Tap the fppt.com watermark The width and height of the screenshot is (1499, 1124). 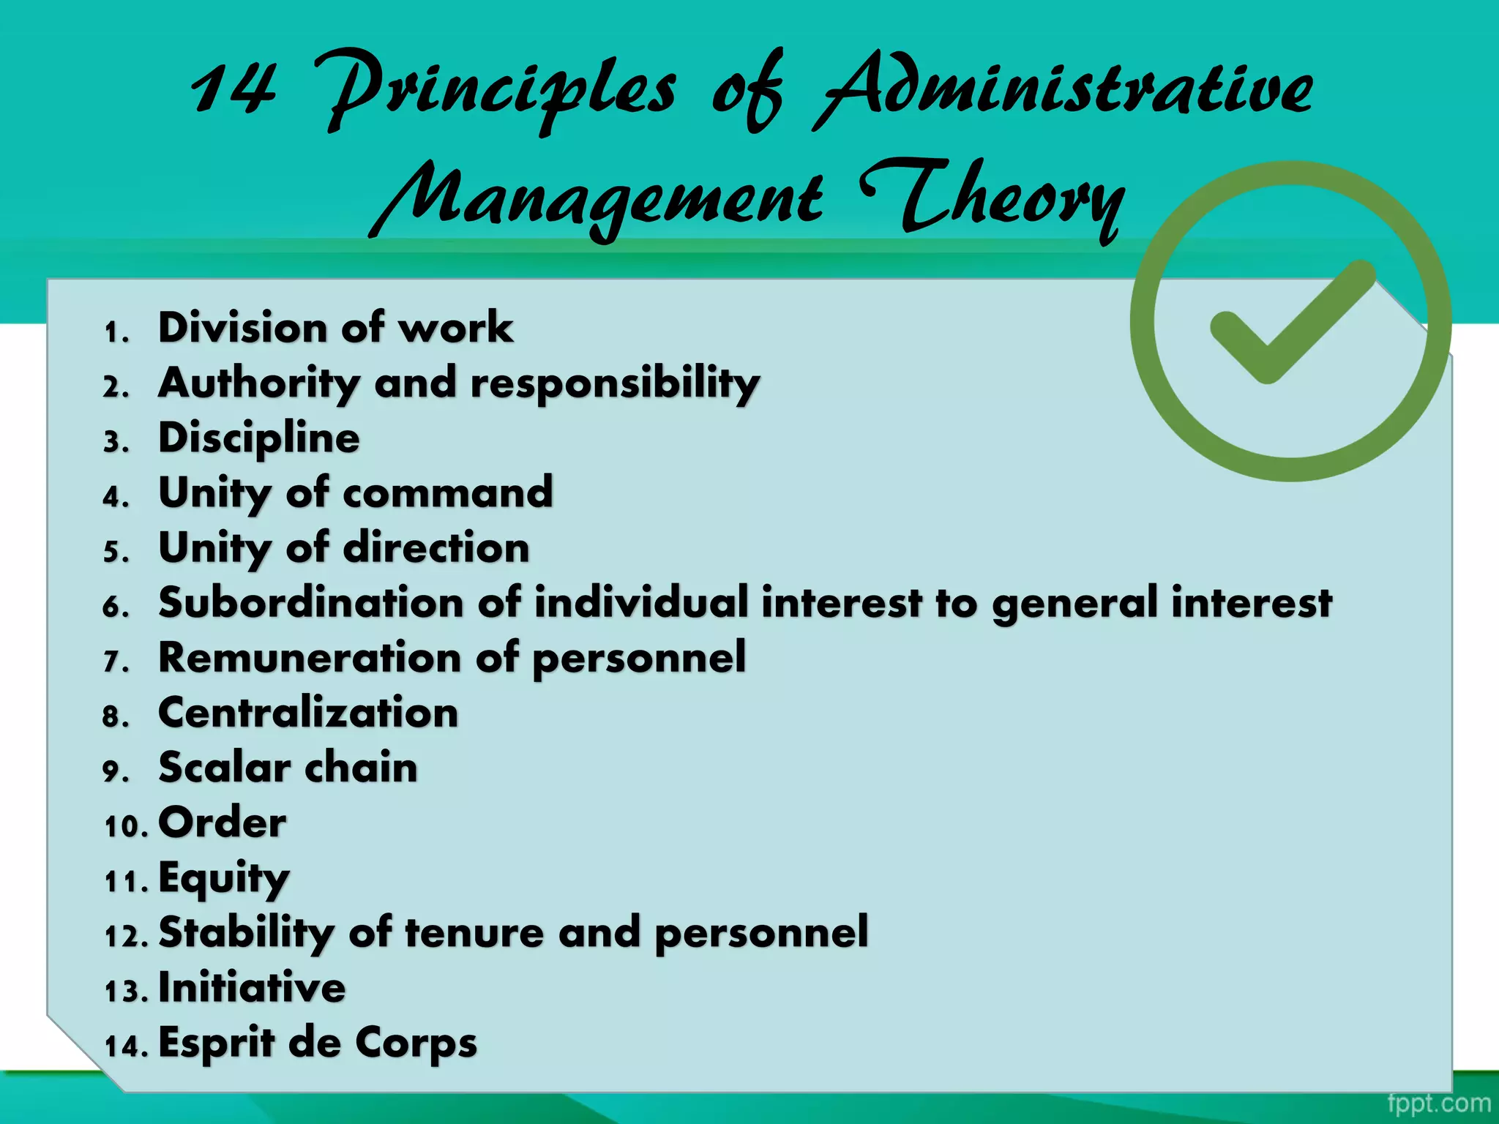[1438, 1103]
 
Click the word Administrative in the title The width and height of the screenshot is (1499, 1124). [1065, 91]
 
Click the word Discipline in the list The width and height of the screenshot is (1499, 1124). [259, 438]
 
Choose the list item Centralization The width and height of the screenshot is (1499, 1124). [308, 712]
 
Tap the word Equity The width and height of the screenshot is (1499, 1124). [224, 878]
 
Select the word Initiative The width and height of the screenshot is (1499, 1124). [252, 987]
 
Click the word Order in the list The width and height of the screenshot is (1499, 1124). [223, 823]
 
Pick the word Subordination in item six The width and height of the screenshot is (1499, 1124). [311, 602]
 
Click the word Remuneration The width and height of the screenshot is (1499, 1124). [311, 657]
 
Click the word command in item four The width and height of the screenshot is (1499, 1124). [448, 492]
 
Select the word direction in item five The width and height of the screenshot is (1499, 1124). [436, 547]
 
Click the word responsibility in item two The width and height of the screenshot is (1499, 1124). [615, 383]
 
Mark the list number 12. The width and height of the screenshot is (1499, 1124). [125, 936]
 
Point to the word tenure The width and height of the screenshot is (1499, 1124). [474, 932]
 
